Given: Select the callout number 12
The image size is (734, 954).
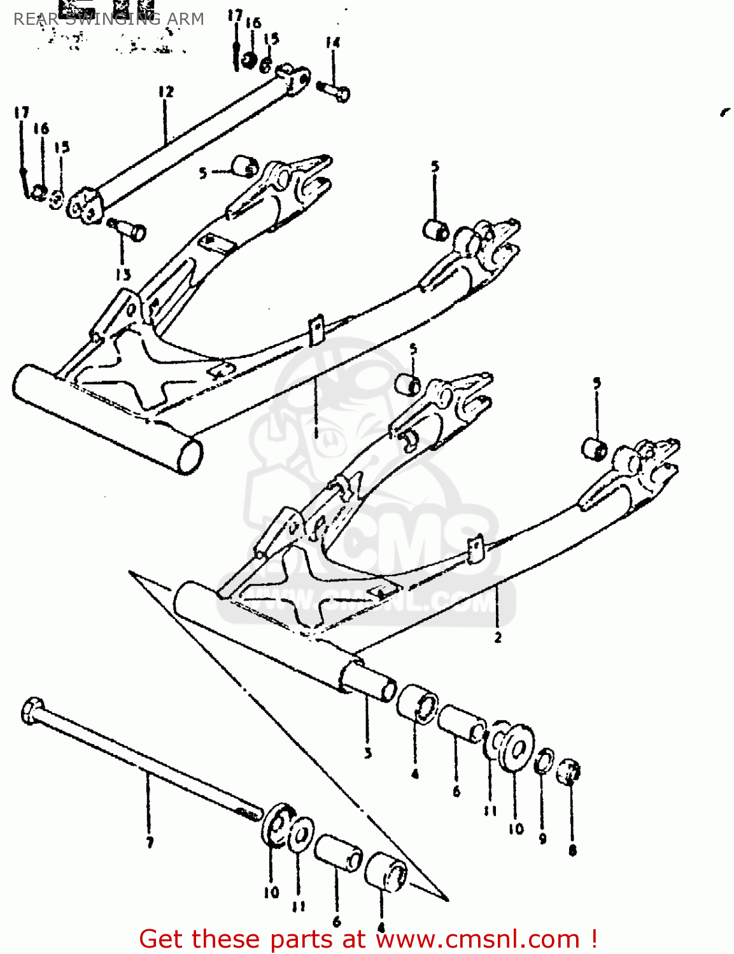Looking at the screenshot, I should [166, 92].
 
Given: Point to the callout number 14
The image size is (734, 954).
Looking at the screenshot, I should [332, 43].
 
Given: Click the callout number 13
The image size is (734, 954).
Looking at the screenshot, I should [123, 275].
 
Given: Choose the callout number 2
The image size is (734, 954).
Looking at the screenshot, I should [498, 637].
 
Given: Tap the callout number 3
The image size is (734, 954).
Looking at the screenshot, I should [368, 754].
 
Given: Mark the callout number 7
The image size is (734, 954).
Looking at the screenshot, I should [150, 843].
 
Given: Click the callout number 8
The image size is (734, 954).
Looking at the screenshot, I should [572, 850].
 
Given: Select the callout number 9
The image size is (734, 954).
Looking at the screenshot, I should [542, 839].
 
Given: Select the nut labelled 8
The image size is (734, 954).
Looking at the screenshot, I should [568, 772].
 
